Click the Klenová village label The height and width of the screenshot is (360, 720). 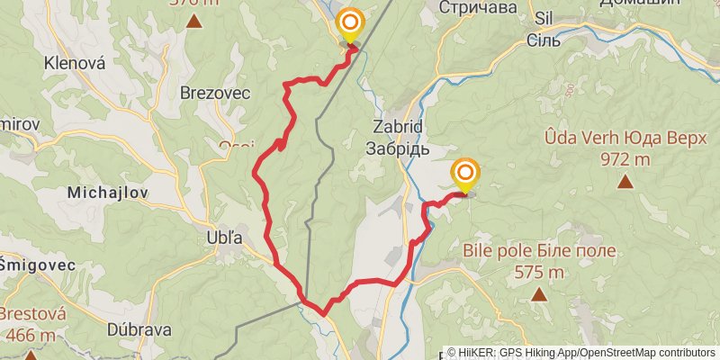(76, 64)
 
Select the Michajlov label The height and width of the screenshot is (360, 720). (106, 193)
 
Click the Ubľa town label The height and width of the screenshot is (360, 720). (225, 238)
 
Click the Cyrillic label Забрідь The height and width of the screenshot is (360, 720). (396, 148)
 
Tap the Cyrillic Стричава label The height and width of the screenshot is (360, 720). (479, 7)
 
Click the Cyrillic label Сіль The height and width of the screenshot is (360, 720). (544, 40)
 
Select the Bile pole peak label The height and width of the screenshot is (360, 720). (539, 250)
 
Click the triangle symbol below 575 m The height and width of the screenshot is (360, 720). (538, 294)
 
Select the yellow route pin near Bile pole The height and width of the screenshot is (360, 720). (465, 174)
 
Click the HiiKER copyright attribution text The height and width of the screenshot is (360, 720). (580, 353)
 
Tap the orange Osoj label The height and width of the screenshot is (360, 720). (236, 146)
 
